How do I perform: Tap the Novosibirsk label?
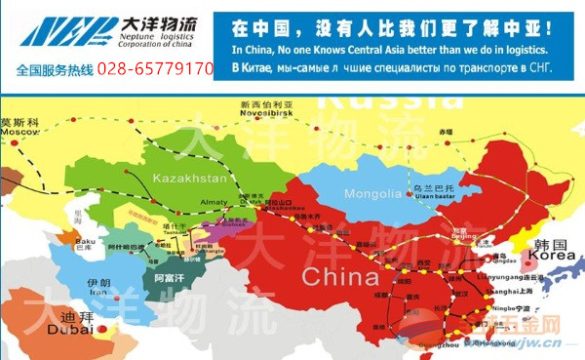(265, 112)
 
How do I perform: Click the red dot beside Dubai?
(101, 333)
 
